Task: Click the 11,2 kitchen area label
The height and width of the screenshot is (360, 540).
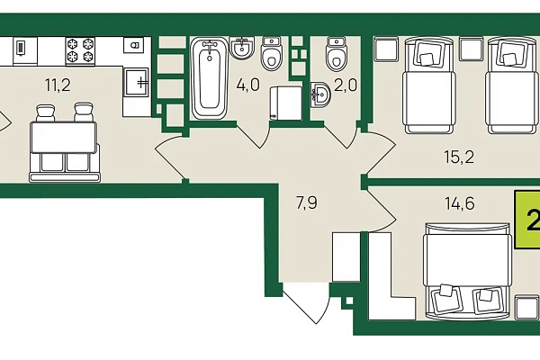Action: point(58,85)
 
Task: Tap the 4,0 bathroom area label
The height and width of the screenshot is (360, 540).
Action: point(248,85)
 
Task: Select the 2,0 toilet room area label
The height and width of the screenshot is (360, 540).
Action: point(346,85)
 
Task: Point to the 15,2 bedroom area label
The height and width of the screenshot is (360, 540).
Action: point(459,157)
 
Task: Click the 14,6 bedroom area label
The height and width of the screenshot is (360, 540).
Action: point(460,203)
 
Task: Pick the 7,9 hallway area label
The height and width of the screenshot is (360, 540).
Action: point(307,202)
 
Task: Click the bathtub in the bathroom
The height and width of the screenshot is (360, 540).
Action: point(210,78)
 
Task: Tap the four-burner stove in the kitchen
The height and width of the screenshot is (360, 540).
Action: point(80,51)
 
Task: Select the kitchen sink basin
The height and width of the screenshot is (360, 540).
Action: point(137,82)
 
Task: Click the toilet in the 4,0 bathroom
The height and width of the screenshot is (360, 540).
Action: point(272,52)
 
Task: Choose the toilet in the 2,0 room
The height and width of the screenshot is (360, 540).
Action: point(336,53)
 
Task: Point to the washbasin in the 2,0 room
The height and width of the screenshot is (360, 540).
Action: point(319,94)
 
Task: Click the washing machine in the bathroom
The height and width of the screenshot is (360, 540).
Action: point(285,103)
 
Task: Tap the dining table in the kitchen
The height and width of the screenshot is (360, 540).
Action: point(63,138)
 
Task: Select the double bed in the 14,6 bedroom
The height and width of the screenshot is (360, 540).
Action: point(468,271)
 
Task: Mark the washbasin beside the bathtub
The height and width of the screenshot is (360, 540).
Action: point(243,47)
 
